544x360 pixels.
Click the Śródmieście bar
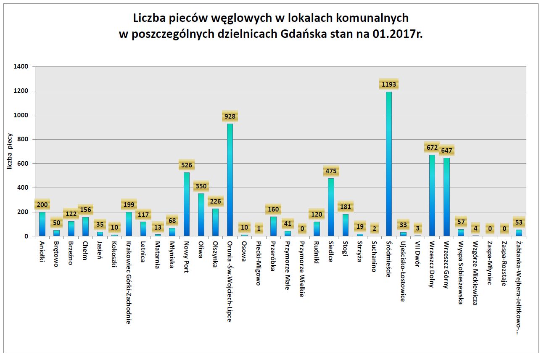pyautogui.click(x=389, y=164)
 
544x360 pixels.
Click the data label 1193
pyautogui.click(x=388, y=85)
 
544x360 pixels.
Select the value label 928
pyautogui.click(x=230, y=116)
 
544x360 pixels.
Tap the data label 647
pyautogui.click(x=447, y=151)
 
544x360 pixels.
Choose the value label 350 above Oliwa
pyautogui.click(x=201, y=186)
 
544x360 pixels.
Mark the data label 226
pyautogui.click(x=216, y=201)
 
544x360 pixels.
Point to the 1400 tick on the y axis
pyautogui.click(x=21, y=66)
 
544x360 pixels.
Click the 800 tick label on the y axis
pyautogui.click(x=23, y=139)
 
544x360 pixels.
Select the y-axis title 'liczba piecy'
pyautogui.click(x=9, y=152)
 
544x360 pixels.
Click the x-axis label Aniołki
pyautogui.click(x=42, y=251)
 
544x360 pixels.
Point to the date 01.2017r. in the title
pyautogui.click(x=397, y=34)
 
